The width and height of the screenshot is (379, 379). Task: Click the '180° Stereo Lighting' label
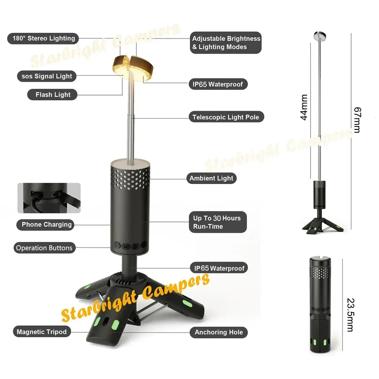[x=43, y=38]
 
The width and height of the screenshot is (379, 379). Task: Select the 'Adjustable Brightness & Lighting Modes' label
[x=226, y=43]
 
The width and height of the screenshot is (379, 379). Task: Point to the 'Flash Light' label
[x=53, y=95]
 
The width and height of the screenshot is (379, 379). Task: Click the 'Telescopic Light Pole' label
[x=226, y=117]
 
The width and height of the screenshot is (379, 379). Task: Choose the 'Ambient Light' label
[x=211, y=178]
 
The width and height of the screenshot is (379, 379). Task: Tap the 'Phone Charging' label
[x=46, y=225]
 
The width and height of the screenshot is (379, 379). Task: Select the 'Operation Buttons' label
[x=44, y=248]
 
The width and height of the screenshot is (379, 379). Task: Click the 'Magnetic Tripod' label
[x=41, y=332]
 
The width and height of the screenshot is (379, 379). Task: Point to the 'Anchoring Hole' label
[x=219, y=332]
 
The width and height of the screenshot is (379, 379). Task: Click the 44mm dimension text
[x=304, y=107]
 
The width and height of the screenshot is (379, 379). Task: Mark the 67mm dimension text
[x=357, y=120]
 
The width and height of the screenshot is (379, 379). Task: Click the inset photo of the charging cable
[x=49, y=198]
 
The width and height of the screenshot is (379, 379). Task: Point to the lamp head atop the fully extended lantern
[x=320, y=36]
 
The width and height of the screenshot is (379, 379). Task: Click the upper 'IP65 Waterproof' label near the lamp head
[x=218, y=84]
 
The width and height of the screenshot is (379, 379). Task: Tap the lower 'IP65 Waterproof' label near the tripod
[x=219, y=268]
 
